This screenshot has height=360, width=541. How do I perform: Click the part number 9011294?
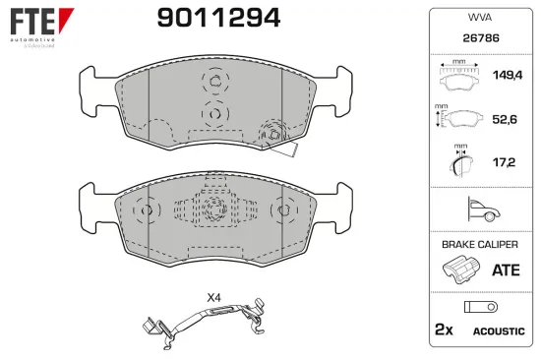point(219,18)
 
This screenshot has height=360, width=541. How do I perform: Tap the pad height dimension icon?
point(455,118)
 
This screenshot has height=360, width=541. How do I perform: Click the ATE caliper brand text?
point(505,268)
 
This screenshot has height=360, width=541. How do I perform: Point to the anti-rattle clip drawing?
point(206,320)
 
